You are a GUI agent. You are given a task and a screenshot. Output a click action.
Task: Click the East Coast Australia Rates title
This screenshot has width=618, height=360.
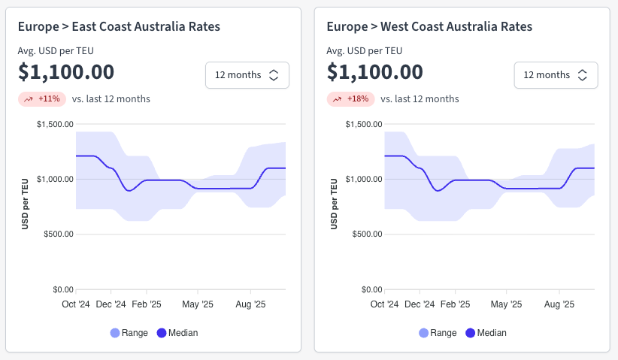119,27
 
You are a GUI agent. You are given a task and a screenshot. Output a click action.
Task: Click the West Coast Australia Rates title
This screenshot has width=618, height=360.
429,27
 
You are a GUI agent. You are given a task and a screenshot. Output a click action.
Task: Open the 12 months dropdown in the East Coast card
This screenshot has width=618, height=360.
247,75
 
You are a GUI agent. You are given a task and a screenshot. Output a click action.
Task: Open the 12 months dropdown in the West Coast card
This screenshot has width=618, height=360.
556,75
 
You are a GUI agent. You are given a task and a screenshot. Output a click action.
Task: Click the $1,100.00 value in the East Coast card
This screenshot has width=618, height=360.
66,72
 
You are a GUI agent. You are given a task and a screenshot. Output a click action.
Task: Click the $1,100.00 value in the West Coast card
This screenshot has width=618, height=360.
375,72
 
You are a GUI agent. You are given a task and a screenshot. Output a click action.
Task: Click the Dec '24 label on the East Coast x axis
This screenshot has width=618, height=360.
111,304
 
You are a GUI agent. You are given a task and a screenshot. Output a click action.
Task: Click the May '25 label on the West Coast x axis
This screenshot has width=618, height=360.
506,304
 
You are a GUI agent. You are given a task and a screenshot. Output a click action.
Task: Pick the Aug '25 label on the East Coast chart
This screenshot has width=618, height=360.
250,304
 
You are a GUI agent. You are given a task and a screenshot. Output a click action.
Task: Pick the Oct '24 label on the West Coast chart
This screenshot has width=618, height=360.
385,304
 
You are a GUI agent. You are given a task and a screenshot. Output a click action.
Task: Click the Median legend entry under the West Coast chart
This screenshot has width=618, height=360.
486,333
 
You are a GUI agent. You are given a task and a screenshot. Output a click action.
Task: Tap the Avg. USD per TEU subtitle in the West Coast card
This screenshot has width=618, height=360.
364,51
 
